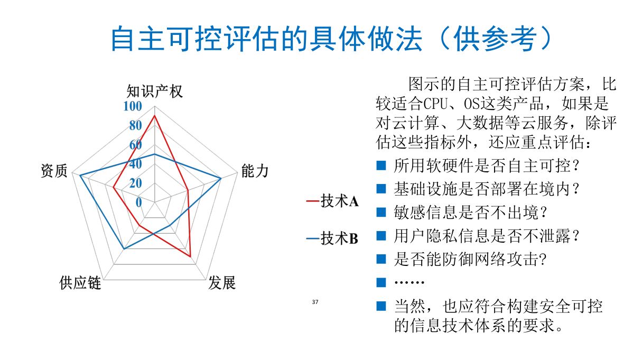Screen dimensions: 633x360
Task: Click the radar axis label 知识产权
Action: coord(154,91)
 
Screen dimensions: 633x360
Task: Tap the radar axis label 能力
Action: coord(255,171)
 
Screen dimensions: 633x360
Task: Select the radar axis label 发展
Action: coord(221,283)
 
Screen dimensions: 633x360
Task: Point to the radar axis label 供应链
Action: coord(80,283)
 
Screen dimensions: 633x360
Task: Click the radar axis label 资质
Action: coord(54,171)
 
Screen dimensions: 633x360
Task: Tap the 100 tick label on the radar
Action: coord(133,106)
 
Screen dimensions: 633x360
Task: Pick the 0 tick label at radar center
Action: coord(139,202)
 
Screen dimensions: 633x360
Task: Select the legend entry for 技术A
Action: coord(332,201)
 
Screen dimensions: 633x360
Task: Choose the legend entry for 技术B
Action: coord(332,239)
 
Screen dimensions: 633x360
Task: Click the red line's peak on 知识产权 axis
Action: coord(154,116)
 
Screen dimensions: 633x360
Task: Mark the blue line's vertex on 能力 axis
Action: coord(221,179)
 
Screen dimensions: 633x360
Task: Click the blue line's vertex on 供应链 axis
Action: coord(123,248)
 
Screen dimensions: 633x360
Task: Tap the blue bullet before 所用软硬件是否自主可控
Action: coord(381,166)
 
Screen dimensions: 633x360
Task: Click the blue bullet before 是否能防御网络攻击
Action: coord(381,259)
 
